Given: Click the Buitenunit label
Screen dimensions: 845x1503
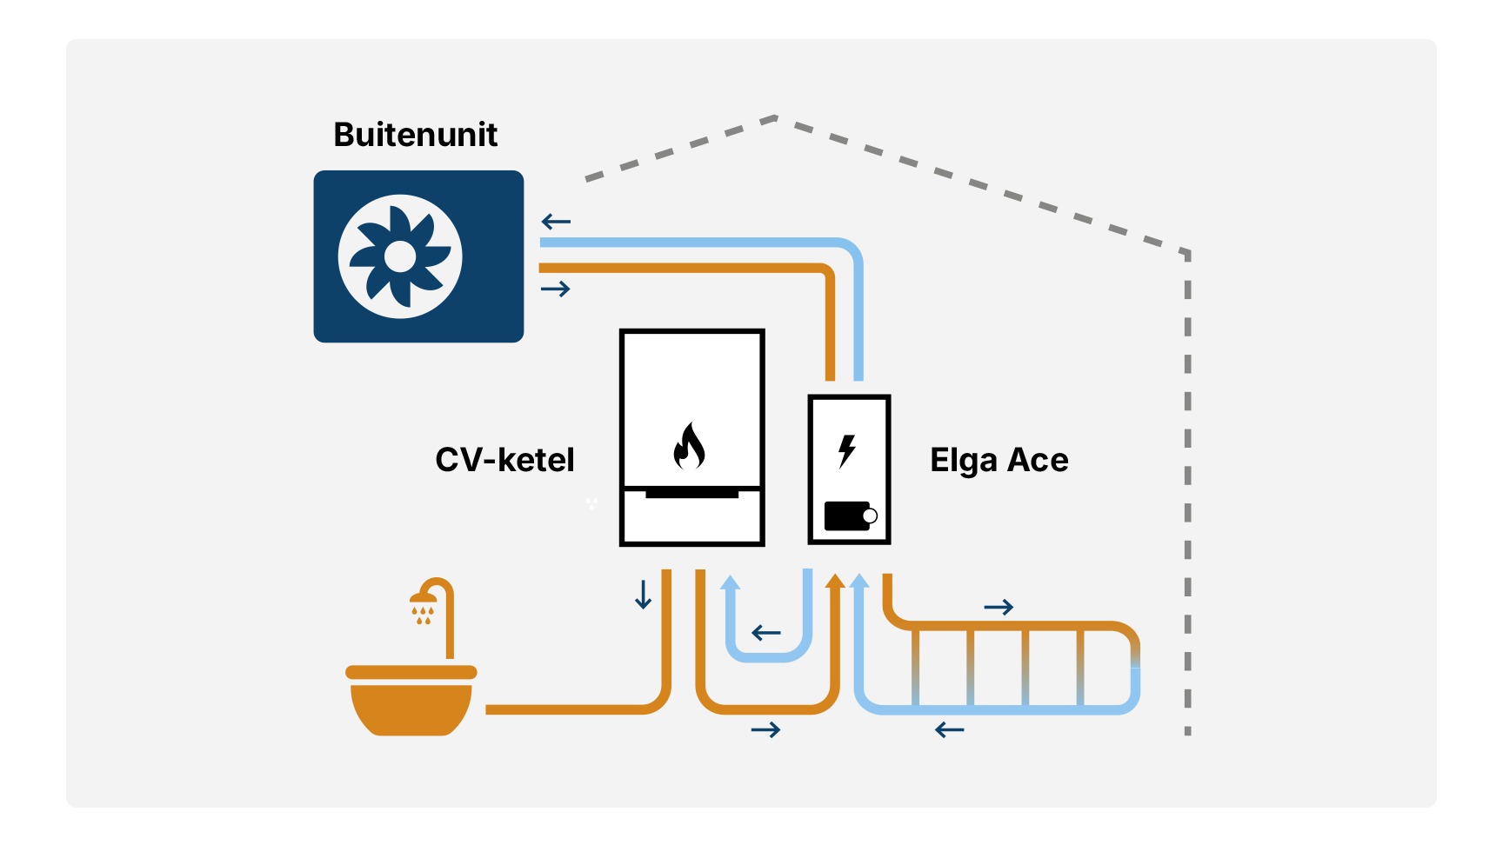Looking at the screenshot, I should click(415, 135).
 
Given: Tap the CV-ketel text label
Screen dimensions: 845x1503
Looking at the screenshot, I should click(504, 460).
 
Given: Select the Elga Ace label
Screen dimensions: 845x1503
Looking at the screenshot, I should click(999, 460).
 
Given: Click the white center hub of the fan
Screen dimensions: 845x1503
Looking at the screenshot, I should click(400, 256).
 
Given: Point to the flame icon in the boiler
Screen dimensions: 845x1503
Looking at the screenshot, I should click(690, 446).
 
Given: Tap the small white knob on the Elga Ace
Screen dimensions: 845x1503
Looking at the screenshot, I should click(869, 516).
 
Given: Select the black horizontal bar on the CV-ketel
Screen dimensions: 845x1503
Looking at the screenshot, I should click(691, 493).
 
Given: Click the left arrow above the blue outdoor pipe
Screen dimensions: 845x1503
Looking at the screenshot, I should click(556, 222).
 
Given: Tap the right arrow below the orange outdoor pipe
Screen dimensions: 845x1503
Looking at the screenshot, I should click(556, 289).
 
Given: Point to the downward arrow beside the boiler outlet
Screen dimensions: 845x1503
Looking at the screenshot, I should click(643, 595).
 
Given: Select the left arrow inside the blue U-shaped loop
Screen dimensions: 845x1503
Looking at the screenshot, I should click(766, 633).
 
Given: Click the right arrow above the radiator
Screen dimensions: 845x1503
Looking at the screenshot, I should click(999, 607).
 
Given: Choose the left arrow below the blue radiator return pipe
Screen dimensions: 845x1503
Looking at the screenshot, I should click(950, 730).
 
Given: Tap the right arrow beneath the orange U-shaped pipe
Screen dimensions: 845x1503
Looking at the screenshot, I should click(765, 730).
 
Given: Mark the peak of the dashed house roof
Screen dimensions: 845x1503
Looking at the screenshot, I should click(774, 117).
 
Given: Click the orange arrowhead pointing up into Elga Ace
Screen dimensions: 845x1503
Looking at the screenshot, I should click(835, 581).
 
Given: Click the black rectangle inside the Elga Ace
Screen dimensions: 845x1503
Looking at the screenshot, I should click(845, 516).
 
